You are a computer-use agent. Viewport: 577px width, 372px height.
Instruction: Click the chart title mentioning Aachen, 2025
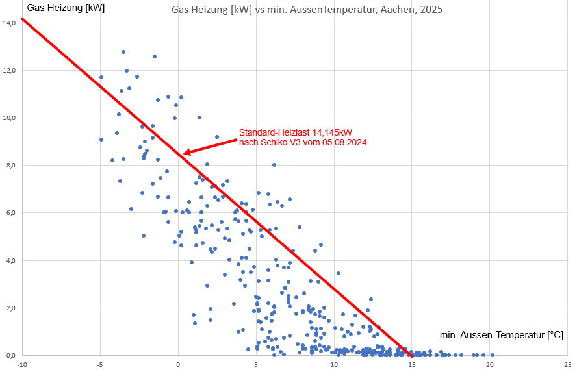(x=307, y=11)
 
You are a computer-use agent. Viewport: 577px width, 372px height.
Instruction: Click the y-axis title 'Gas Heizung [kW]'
(x=66, y=8)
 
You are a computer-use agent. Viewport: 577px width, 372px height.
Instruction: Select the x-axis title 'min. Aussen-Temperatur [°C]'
(x=501, y=335)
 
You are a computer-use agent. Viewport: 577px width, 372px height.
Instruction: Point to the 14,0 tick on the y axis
(x=9, y=23)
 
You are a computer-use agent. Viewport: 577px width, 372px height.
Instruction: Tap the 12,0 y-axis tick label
(x=9, y=70)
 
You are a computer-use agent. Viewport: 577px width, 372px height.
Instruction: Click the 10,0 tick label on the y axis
(x=9, y=118)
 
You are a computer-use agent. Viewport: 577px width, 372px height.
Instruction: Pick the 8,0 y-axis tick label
(x=9, y=165)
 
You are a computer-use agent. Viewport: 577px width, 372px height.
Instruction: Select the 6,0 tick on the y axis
(x=9, y=212)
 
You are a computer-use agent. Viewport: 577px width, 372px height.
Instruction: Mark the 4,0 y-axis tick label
(x=9, y=260)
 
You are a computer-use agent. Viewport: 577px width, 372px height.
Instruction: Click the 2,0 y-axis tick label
(x=9, y=308)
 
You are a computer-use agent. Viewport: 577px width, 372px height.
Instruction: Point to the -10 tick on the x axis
(x=22, y=364)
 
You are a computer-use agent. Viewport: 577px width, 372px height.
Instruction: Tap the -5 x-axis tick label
(x=100, y=364)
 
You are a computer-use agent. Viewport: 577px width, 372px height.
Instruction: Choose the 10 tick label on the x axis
(x=334, y=364)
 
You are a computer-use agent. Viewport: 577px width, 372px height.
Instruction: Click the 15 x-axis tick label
(x=412, y=364)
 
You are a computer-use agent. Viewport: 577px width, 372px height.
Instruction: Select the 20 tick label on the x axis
(x=490, y=364)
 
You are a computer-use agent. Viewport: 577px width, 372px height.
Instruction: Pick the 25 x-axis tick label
(x=568, y=364)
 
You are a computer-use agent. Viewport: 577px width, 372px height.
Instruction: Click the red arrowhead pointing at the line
(x=187, y=153)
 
